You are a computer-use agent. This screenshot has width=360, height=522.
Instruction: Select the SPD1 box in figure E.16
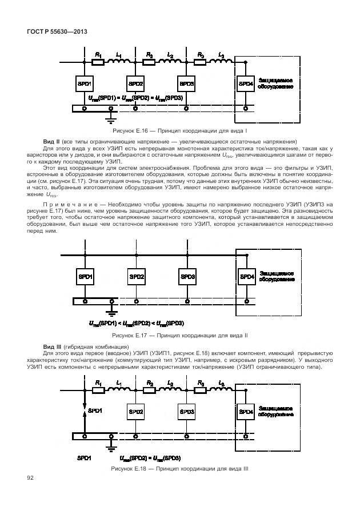[x=85, y=83]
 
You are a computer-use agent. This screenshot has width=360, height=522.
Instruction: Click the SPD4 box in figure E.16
[x=246, y=83]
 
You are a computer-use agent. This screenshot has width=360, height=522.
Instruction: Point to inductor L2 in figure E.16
[x=170, y=61]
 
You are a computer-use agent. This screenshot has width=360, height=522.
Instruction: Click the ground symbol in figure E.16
[x=111, y=119]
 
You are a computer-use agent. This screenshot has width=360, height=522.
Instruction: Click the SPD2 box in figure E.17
[x=137, y=277]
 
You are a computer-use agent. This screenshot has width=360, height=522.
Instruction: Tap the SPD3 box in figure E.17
[x=187, y=277]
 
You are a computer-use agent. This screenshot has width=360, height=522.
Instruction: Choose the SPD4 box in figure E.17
[x=247, y=277]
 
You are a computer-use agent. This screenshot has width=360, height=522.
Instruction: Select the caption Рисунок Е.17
[x=179, y=336]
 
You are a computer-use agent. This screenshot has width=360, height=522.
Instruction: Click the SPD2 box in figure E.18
[x=137, y=411]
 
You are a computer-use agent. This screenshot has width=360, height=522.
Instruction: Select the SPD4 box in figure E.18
[x=246, y=411]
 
